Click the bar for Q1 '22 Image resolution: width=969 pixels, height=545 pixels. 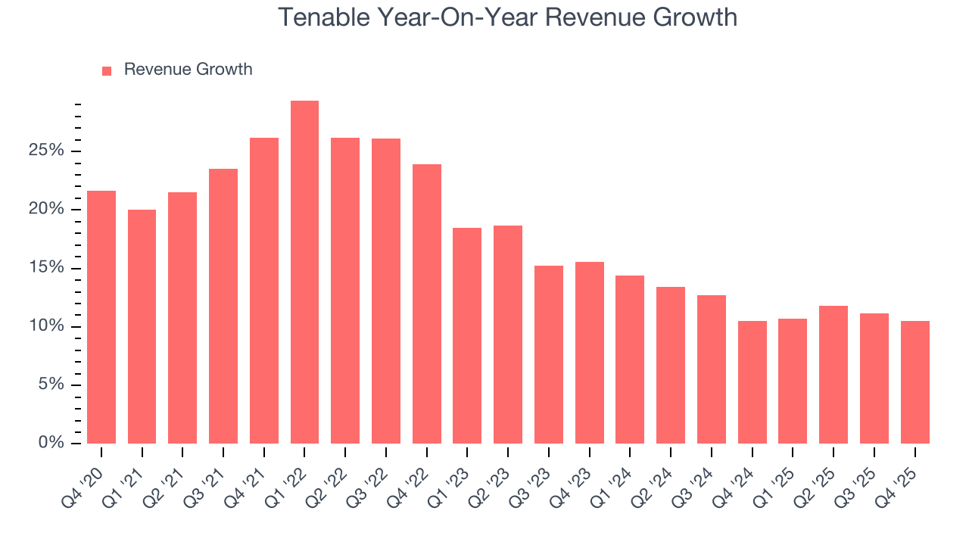pyautogui.click(x=304, y=272)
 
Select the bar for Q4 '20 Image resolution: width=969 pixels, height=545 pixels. pyautogui.click(x=101, y=317)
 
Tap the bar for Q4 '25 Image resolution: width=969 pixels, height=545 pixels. pyautogui.click(x=914, y=382)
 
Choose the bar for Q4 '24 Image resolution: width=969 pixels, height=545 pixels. pyautogui.click(x=752, y=382)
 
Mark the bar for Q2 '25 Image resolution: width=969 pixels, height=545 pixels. pyautogui.click(x=833, y=375)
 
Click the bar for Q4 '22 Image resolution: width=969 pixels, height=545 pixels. pyautogui.click(x=426, y=304)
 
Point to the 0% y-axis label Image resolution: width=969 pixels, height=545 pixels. pyautogui.click(x=51, y=443)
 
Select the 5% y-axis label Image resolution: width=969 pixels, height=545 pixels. pyautogui.click(x=51, y=385)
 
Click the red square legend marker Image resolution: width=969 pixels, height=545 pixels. pyautogui.click(x=107, y=70)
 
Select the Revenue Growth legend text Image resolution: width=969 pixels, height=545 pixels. pyautogui.click(x=188, y=70)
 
